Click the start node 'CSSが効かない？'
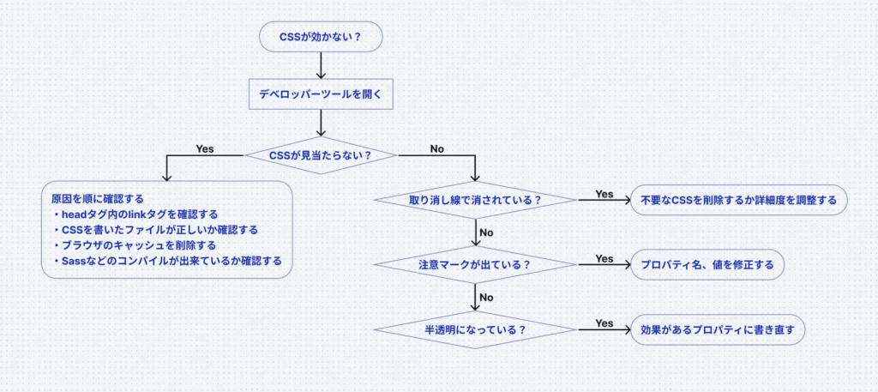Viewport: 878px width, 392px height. coord(320,37)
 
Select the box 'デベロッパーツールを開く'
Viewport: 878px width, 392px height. coord(320,94)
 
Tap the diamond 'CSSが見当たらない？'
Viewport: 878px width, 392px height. coord(320,155)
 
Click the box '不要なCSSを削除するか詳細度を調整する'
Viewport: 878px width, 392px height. coord(739,200)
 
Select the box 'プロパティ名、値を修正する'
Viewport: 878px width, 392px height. coord(707,265)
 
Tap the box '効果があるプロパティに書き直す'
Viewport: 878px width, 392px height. coord(718,329)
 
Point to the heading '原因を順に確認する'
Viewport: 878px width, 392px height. coord(92,198)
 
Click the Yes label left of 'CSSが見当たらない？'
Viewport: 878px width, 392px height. coord(205,148)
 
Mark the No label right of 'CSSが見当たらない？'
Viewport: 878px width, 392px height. coord(436,148)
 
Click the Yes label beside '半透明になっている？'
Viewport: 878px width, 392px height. coord(604,323)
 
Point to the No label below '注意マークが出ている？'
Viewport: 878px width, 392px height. coord(486,297)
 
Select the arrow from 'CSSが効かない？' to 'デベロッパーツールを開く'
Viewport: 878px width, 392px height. coord(320,65)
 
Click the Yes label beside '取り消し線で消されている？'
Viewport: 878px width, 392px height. coord(604,194)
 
